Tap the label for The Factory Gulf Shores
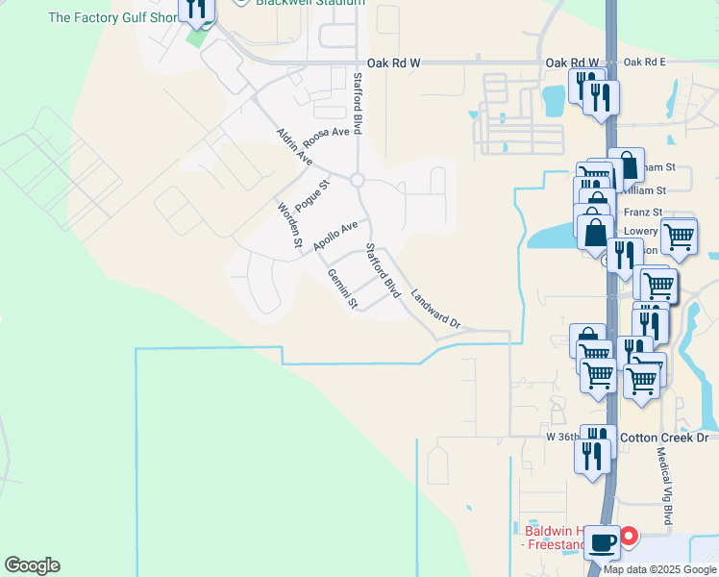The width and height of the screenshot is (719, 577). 113,17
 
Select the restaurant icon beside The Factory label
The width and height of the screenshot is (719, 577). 198,9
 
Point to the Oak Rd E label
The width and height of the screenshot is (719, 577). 644,63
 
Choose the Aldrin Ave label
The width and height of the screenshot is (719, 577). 294,145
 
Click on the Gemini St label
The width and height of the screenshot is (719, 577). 342,288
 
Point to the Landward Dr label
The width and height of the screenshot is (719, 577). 436,310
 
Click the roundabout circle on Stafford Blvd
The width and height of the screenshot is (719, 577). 358,180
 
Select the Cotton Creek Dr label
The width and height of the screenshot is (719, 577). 663,438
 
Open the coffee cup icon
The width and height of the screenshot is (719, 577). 602,542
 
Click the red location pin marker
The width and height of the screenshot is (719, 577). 630,535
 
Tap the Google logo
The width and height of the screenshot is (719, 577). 32,565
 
